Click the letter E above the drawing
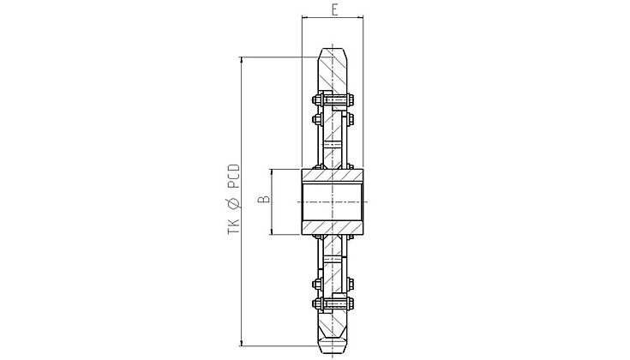tap(334, 9)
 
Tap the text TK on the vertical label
tap(233, 227)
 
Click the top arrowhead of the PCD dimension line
tap(241, 60)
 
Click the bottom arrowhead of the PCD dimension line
tap(241, 342)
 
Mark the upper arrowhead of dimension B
tap(272, 172)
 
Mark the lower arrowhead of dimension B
tap(272, 231)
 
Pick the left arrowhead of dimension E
tap(304, 17)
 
